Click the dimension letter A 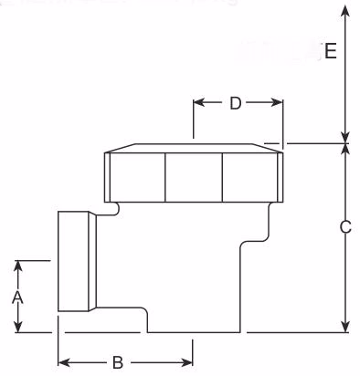[17, 298]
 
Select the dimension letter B [117, 362]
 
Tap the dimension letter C [345, 227]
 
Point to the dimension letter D [235, 103]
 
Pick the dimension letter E [331, 51]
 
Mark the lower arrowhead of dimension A [17, 329]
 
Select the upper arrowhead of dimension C [344, 149]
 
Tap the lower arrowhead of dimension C [344, 328]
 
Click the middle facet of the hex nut [194, 176]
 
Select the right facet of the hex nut [250, 176]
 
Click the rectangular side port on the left [77, 262]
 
